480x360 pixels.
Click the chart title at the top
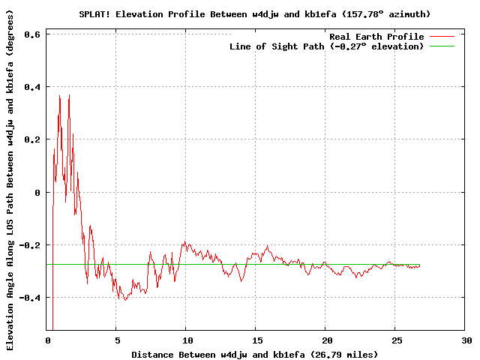255,13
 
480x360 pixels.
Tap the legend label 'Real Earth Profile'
376,37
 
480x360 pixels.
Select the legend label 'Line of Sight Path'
326,46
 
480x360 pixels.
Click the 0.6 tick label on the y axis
32,34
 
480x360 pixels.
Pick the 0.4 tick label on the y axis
32,87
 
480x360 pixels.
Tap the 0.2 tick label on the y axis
32,139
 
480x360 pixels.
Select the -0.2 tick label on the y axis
30,245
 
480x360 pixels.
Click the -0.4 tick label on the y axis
30,298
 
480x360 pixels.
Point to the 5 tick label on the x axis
116,340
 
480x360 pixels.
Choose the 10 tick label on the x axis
186,340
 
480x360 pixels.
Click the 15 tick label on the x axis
256,340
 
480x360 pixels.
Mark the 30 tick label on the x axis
466,340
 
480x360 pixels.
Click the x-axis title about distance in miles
255,354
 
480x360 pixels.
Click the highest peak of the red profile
69,95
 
